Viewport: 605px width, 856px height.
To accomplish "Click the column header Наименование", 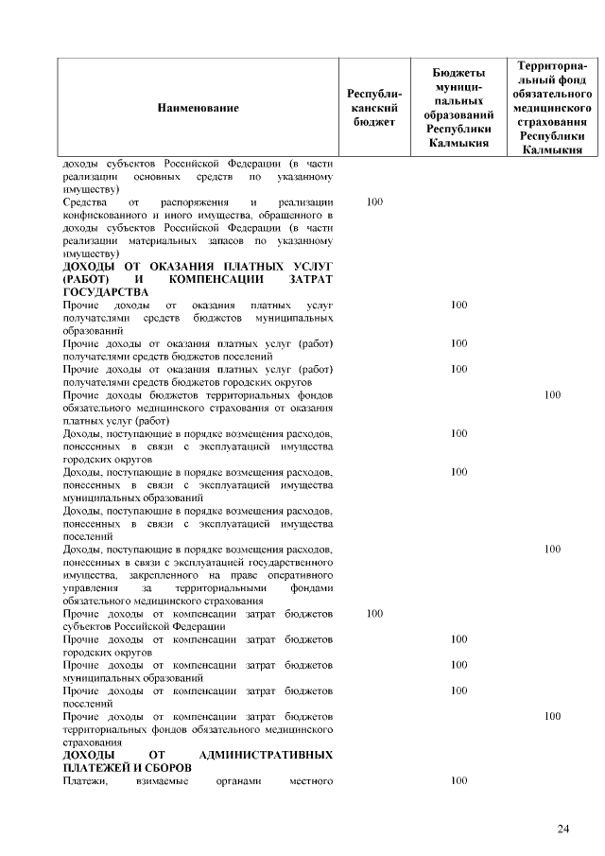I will coord(198,108).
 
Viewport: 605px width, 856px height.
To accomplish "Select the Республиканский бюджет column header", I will coord(374,108).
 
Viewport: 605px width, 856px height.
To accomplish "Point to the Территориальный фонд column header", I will coord(553,108).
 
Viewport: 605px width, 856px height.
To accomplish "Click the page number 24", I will coord(563,830).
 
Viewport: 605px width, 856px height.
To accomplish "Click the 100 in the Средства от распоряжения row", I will coord(374,202).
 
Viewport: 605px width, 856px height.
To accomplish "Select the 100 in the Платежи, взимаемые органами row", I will coord(459,780).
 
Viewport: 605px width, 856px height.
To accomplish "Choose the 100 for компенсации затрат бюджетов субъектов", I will coord(374,614).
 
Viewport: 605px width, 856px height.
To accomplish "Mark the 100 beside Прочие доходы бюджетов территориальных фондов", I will coord(553,395).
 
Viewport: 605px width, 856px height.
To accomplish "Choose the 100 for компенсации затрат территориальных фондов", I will coord(553,716).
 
